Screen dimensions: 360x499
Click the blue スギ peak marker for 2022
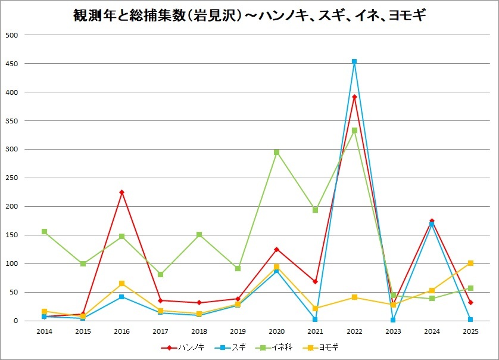(354, 61)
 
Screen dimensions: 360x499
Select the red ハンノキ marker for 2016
(121, 192)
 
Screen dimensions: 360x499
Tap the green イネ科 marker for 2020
(277, 152)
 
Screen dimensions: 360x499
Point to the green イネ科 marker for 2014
(44, 231)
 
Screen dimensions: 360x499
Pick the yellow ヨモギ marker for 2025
(470, 263)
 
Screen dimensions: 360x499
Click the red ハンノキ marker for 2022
(354, 97)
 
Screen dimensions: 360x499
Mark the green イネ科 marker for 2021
(316, 210)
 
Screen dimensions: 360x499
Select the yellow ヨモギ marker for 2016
(121, 283)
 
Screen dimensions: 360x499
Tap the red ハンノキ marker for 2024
(432, 221)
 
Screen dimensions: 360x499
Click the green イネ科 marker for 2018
(199, 234)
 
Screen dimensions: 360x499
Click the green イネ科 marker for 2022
(354, 130)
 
